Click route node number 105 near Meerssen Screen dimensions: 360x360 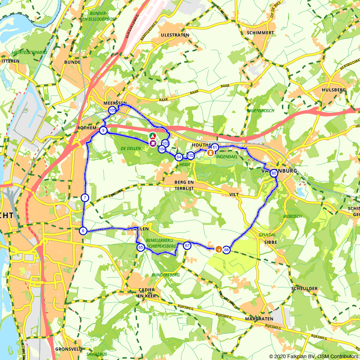click(112, 110)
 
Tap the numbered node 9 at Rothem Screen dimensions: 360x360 click(103, 130)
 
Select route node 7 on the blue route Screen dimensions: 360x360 click(85, 198)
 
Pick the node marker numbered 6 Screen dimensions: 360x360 click(83, 231)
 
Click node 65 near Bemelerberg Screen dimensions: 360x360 click(140, 247)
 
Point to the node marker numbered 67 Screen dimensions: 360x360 click(187, 246)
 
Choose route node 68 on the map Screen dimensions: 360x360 click(226, 250)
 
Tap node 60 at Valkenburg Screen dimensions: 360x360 click(274, 173)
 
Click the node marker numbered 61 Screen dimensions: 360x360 click(215, 147)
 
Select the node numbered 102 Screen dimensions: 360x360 click(191, 156)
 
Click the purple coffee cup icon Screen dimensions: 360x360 click(153, 143)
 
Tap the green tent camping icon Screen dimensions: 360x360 click(153, 136)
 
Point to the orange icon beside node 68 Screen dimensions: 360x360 click(218, 249)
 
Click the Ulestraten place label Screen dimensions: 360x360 click(175, 35)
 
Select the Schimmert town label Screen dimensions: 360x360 click(261, 33)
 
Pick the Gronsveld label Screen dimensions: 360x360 click(68, 349)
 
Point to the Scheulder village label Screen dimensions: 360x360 click(304, 289)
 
